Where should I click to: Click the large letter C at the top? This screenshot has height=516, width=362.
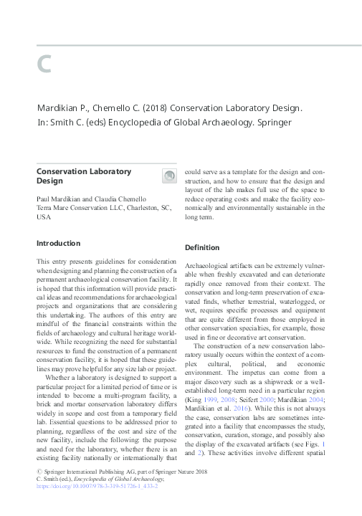(44, 64)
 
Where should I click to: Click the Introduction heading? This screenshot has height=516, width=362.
(58, 244)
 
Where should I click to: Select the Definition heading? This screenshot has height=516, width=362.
(202, 247)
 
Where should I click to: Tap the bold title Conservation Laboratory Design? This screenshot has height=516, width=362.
(84, 176)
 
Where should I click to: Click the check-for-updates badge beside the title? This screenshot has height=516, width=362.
(169, 176)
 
